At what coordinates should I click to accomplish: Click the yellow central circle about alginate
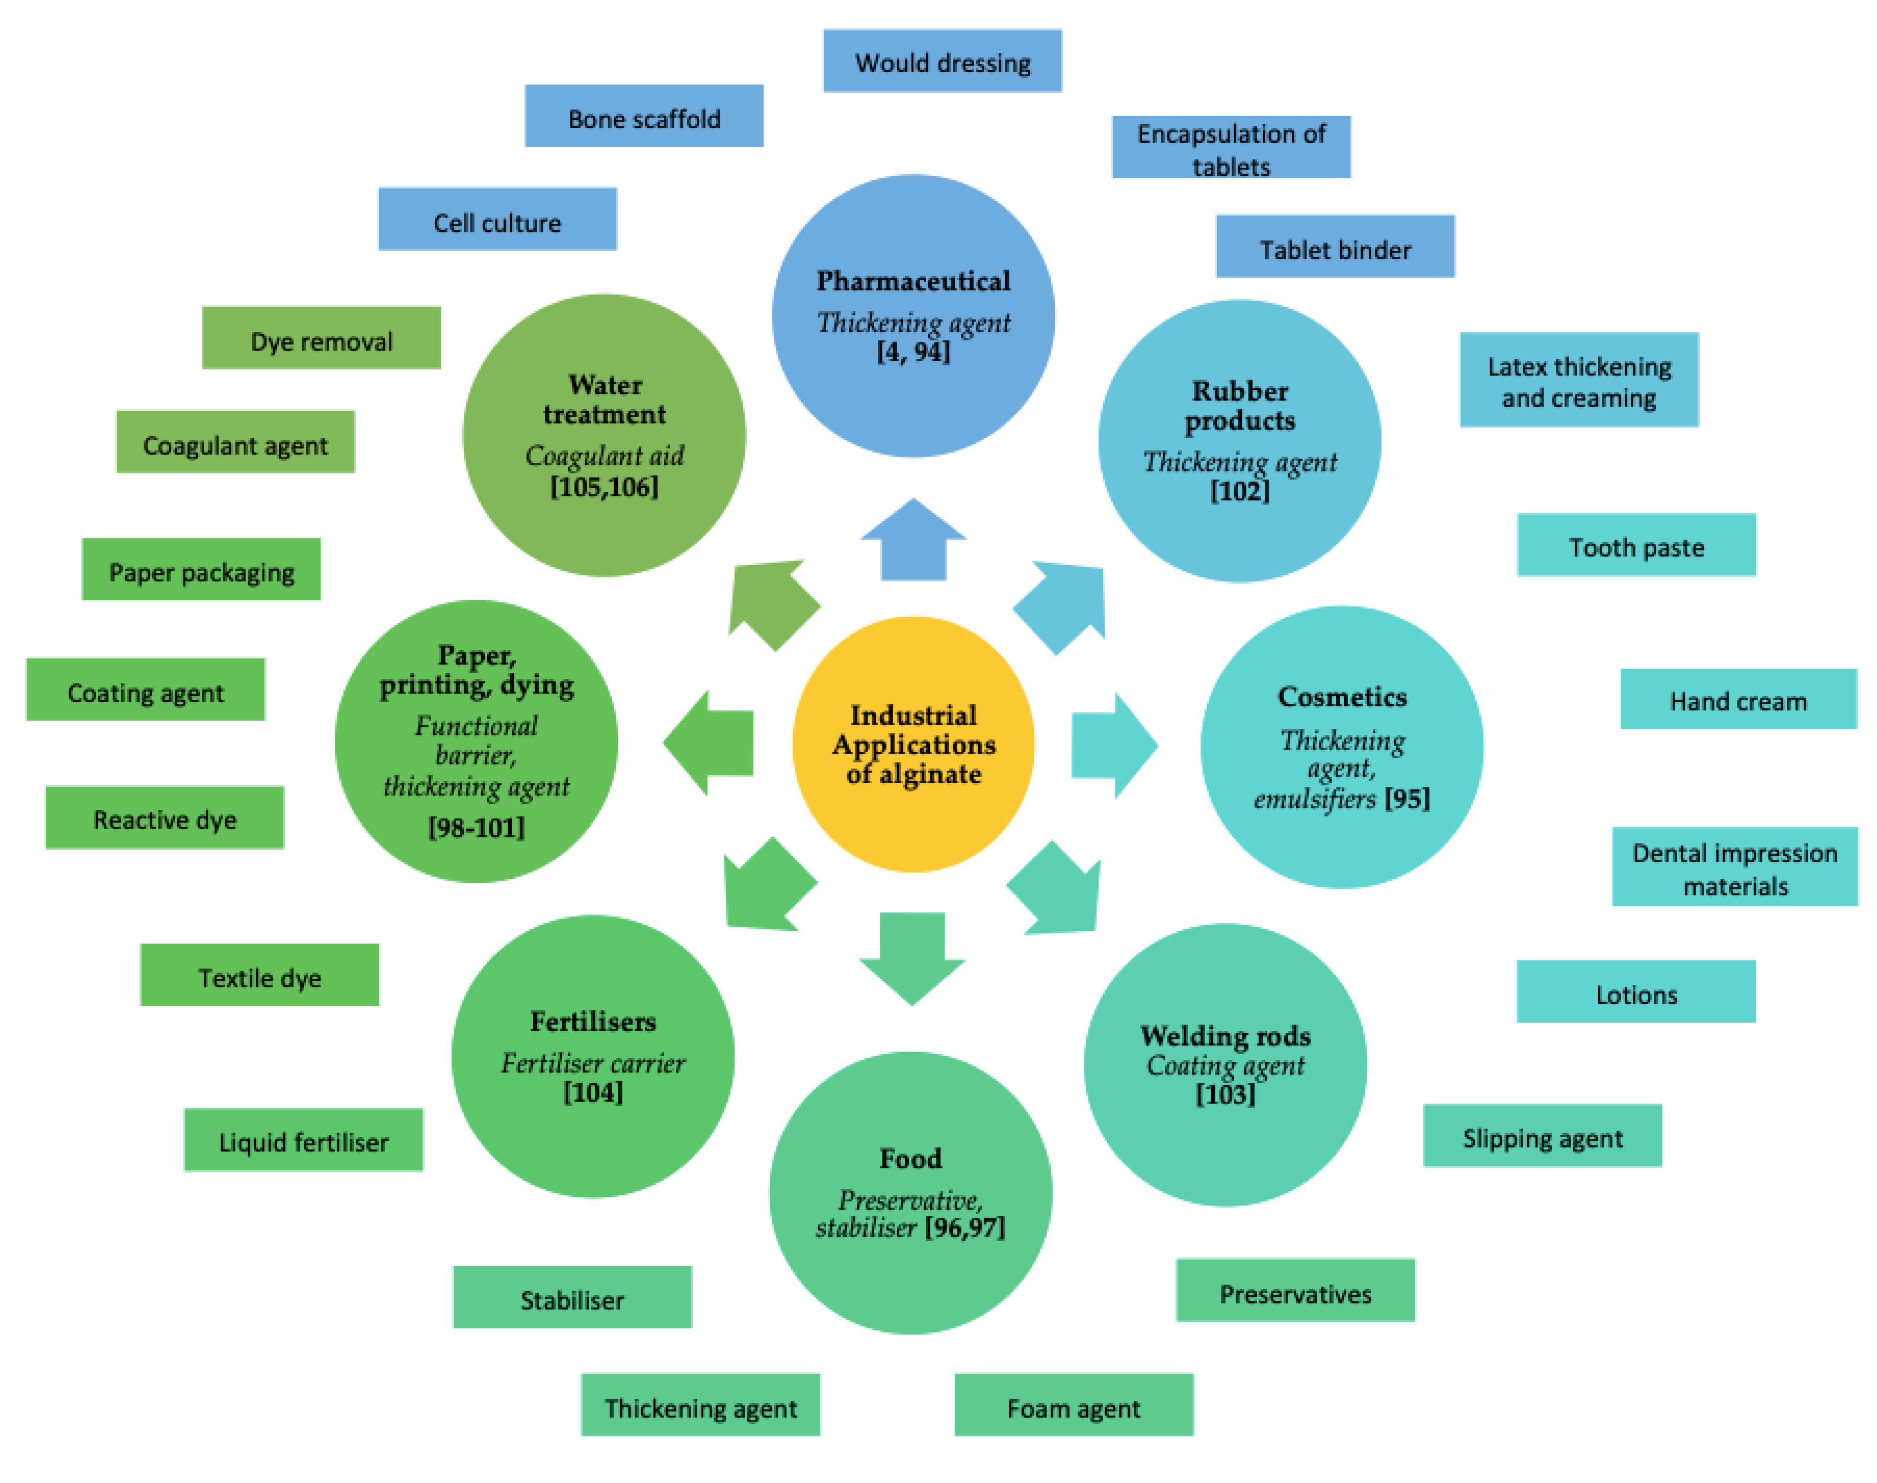click(913, 744)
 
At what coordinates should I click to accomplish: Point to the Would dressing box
click(943, 61)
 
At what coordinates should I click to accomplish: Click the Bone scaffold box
click(644, 116)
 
